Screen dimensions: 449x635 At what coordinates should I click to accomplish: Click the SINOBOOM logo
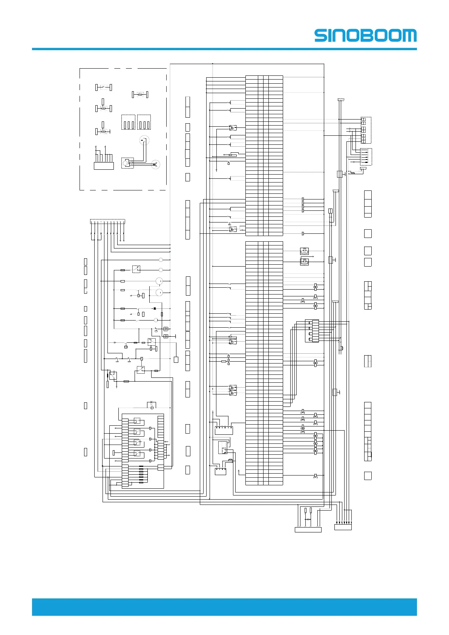tap(365, 36)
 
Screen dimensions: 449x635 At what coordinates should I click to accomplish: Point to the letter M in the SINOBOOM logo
tap(409, 36)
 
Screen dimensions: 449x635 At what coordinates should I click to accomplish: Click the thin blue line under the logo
tap(224, 49)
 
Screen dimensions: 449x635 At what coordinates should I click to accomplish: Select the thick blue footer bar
tap(224, 607)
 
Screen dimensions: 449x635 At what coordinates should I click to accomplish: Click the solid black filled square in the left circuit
tap(155, 308)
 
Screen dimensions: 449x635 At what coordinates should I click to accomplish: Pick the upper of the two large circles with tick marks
tap(159, 281)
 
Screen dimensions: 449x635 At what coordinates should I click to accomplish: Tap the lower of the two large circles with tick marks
tap(159, 293)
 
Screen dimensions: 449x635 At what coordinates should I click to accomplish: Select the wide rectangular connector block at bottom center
tap(308, 530)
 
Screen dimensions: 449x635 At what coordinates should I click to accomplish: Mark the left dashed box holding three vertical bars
tap(128, 122)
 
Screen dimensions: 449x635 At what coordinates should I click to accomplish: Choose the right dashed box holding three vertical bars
tap(144, 122)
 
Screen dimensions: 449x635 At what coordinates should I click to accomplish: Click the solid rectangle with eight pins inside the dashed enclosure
tap(104, 166)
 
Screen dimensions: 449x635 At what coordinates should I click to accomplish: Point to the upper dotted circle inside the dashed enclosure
tap(144, 140)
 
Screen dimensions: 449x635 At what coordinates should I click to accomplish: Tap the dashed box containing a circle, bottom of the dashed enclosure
tap(127, 163)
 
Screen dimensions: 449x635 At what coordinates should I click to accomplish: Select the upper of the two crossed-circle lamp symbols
tap(304, 251)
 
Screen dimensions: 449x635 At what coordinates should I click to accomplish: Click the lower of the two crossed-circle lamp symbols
tap(304, 262)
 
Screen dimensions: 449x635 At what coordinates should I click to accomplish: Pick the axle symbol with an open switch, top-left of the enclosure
tap(103, 87)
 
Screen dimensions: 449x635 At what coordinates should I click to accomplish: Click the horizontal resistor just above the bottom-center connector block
tap(308, 519)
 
